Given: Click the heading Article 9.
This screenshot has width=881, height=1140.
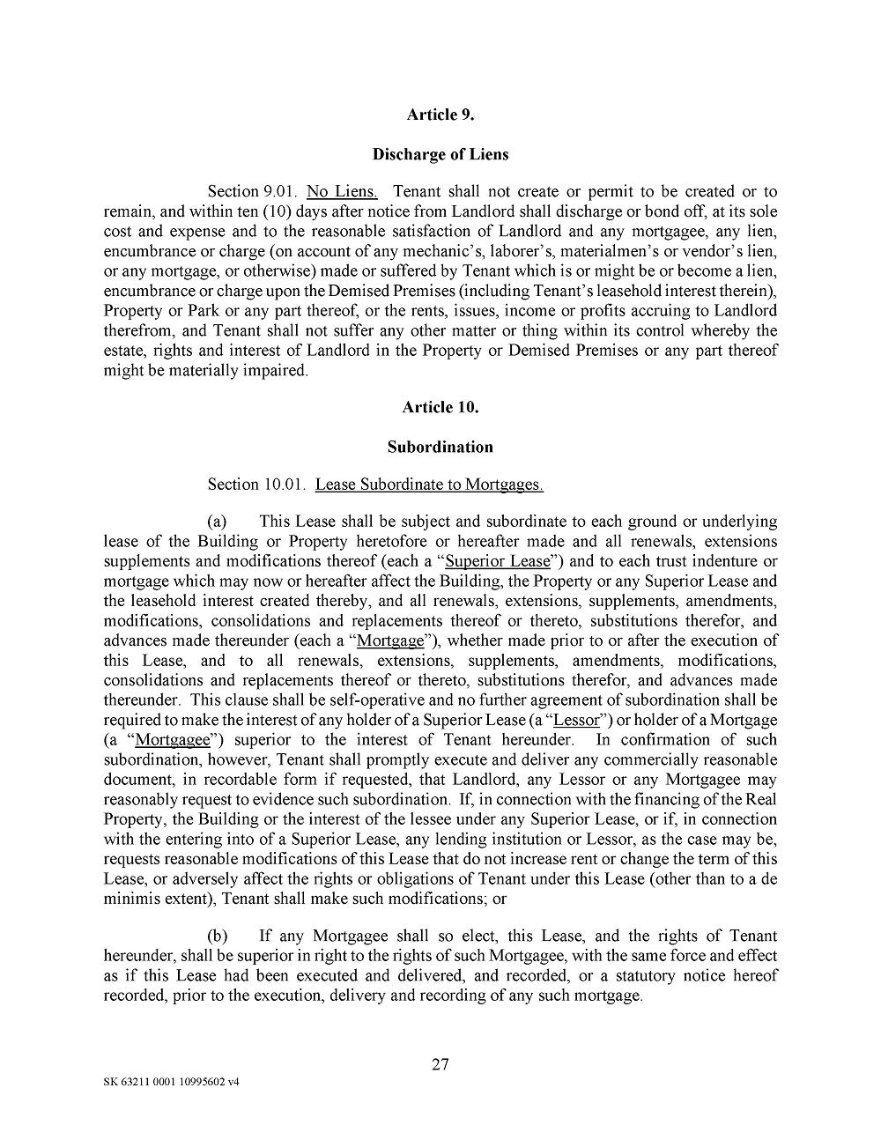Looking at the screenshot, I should [x=440, y=115].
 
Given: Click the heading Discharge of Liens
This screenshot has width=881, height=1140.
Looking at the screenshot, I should [x=440, y=154].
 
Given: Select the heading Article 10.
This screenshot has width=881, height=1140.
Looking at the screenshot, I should [x=440, y=407].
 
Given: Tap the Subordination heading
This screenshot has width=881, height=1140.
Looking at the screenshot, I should [x=440, y=447].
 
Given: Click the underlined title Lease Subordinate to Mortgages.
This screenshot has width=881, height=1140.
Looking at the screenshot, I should [x=429, y=485].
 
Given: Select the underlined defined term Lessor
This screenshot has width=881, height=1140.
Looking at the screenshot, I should [x=576, y=720].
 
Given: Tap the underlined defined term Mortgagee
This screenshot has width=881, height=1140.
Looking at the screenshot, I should [x=173, y=740].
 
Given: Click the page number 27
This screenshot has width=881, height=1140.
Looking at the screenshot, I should [x=440, y=1064].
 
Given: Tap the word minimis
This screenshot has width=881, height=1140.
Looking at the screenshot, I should [x=130, y=899].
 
